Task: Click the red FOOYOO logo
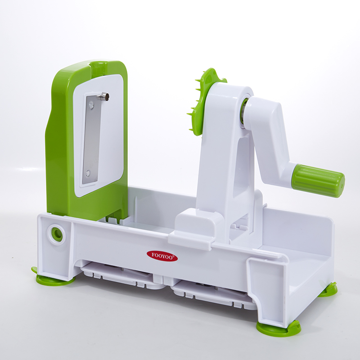pyautogui.click(x=162, y=256)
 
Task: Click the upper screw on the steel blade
pyautogui.click(x=92, y=105)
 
